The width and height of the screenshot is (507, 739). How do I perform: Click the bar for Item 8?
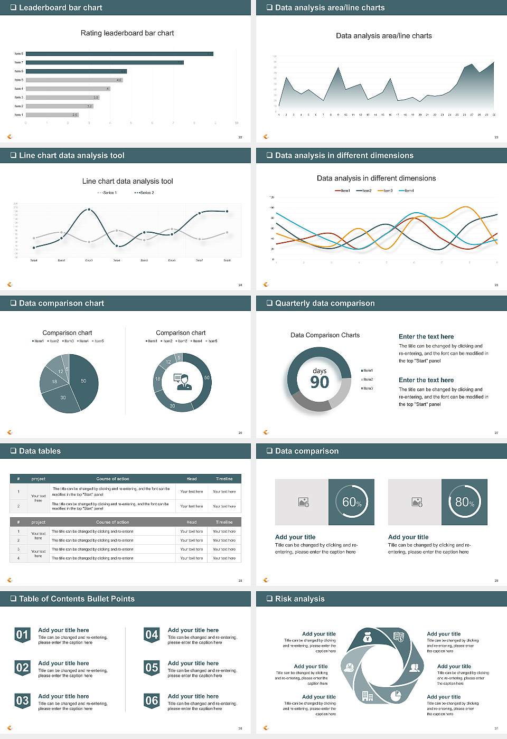[119, 54]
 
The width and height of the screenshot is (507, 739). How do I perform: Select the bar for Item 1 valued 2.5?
[52, 115]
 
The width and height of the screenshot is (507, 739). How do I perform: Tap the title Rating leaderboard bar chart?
[127, 33]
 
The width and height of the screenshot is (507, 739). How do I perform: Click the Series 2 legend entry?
[144, 193]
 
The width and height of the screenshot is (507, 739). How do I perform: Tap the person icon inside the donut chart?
[182, 382]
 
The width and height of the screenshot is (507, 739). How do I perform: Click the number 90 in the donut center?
[320, 382]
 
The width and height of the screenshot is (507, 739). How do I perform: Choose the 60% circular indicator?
[352, 502]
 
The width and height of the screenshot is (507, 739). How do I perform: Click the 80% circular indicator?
[464, 502]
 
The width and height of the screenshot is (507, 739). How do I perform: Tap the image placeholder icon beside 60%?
[303, 502]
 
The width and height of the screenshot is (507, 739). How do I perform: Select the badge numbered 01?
[22, 634]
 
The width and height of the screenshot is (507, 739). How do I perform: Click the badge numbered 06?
[152, 700]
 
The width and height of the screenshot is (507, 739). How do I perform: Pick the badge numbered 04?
[152, 634]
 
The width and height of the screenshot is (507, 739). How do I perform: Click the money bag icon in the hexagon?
[368, 639]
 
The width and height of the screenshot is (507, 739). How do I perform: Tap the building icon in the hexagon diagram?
[368, 696]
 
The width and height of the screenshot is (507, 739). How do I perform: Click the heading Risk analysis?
[299, 599]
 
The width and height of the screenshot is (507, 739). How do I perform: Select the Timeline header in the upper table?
[224, 479]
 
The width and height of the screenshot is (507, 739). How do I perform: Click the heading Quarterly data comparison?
[324, 303]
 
